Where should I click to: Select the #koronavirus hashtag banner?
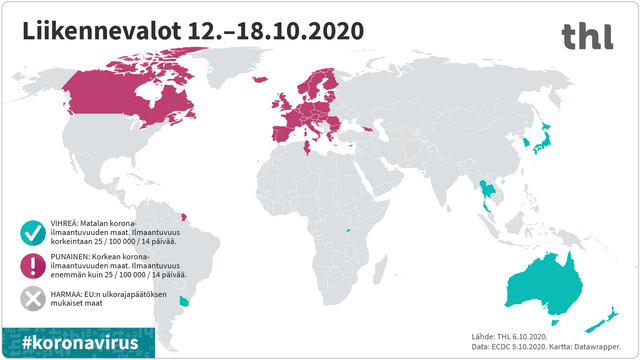80,342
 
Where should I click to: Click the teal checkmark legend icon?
33,231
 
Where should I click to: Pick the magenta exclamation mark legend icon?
33,264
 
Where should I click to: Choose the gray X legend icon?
33,297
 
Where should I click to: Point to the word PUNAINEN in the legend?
75,255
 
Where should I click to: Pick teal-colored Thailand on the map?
485,191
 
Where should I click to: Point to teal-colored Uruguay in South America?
183,300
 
